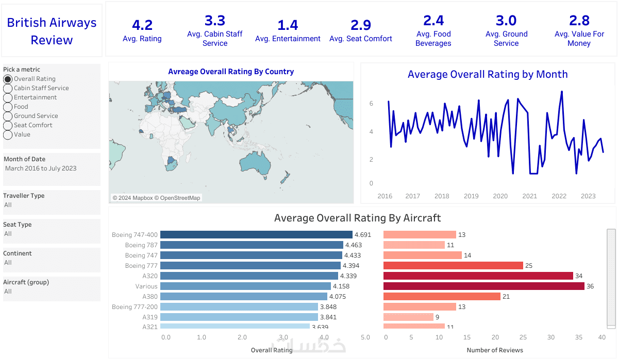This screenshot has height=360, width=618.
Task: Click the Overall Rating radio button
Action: [8, 79]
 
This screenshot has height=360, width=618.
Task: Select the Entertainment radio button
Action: [8, 97]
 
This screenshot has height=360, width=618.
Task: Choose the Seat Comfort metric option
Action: [8, 125]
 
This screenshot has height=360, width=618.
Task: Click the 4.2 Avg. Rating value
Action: [142, 25]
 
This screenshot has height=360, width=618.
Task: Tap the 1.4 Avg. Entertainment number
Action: [288, 25]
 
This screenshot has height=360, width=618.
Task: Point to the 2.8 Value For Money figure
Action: [579, 21]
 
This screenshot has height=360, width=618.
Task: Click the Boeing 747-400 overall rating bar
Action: [256, 235]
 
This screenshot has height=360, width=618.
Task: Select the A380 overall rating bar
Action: [243, 297]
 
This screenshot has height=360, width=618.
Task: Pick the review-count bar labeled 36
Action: [483, 286]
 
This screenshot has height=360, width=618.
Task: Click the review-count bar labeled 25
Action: [453, 266]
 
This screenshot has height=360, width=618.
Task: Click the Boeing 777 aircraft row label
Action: [141, 266]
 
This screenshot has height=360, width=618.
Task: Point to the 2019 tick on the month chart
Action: [471, 196]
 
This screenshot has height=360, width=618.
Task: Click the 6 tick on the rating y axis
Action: [371, 104]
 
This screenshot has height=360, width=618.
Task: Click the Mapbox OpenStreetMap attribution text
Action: [157, 198]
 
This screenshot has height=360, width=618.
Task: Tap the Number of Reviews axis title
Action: [495, 350]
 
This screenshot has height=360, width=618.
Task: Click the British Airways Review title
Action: [52, 31]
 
